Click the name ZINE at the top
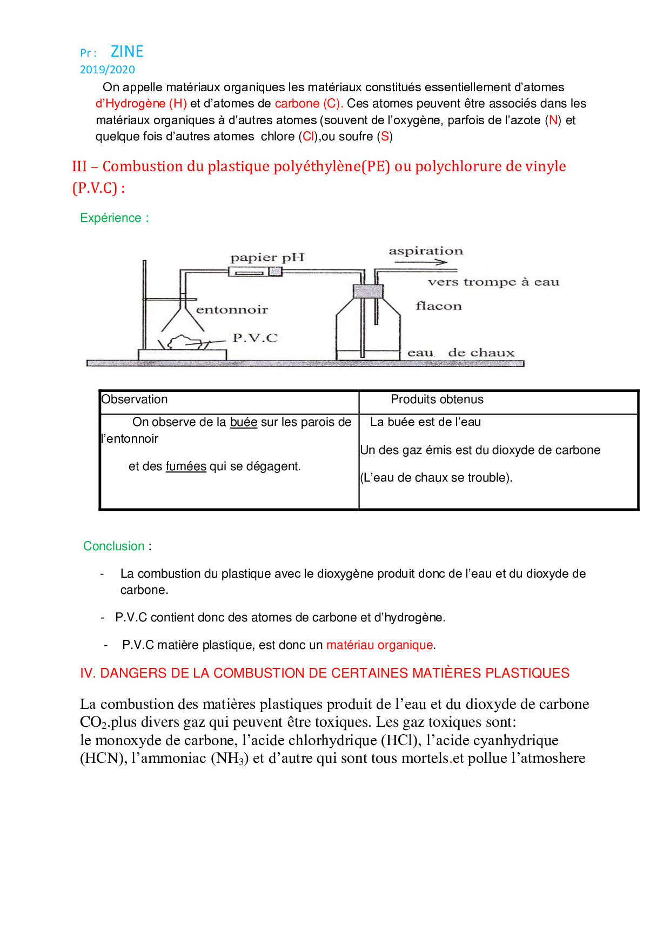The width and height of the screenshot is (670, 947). pyautogui.click(x=127, y=51)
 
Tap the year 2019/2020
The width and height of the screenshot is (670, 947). pyautogui.click(x=108, y=70)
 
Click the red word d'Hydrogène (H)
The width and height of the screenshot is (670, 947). pyautogui.click(x=141, y=104)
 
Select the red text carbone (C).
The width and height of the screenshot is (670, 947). pyautogui.click(x=309, y=104)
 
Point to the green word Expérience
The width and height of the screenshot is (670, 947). pyautogui.click(x=111, y=218)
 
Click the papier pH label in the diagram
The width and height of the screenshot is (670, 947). pyautogui.click(x=267, y=258)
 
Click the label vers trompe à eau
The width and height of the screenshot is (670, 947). pyautogui.click(x=493, y=282)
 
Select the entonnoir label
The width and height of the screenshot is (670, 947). pyautogui.click(x=232, y=309)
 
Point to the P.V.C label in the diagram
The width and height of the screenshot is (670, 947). pyautogui.click(x=255, y=338)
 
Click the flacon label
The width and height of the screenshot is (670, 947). pyautogui.click(x=439, y=306)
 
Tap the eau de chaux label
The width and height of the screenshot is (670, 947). pyautogui.click(x=461, y=353)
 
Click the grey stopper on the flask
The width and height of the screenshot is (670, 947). pyautogui.click(x=368, y=292)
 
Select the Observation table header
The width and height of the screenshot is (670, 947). pyautogui.click(x=135, y=400)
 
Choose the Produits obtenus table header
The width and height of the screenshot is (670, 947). pyautogui.click(x=437, y=400)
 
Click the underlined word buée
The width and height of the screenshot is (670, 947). pyautogui.click(x=244, y=422)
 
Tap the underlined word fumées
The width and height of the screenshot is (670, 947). pyautogui.click(x=186, y=466)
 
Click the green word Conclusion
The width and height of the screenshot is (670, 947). pyautogui.click(x=114, y=546)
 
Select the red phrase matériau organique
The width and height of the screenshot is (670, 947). pyautogui.click(x=380, y=645)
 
